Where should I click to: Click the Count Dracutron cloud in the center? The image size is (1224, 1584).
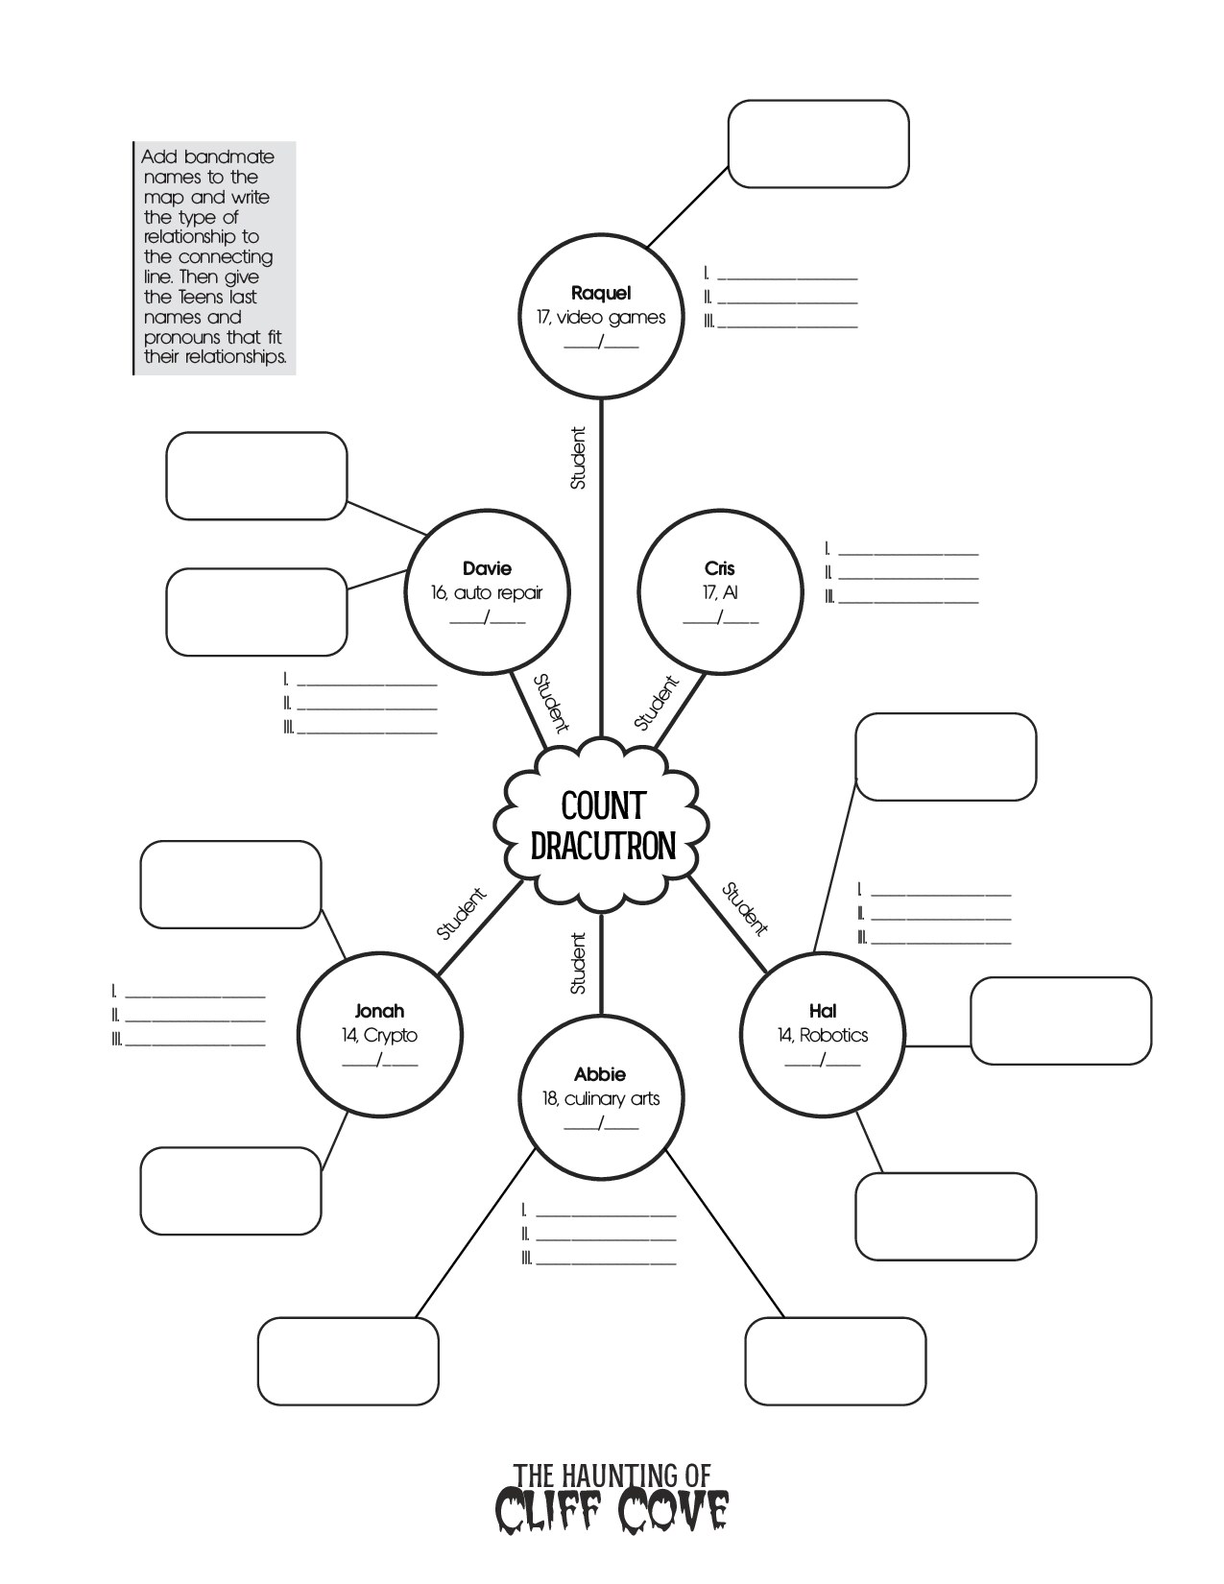tap(602, 826)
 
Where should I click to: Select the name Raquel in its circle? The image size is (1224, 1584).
tap(601, 294)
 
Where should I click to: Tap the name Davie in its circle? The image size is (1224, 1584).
tap(487, 568)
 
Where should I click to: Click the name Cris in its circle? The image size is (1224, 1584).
tap(719, 568)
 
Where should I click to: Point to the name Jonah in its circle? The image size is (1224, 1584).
tap(379, 1010)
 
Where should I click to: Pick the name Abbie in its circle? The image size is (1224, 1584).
tap(600, 1074)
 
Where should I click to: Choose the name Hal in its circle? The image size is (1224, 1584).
tap(823, 1010)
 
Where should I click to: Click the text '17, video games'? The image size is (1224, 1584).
tap(601, 318)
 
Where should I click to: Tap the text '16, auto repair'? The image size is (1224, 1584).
tap(487, 592)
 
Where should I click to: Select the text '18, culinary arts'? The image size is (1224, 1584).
tap(601, 1098)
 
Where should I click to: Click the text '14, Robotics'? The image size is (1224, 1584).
tap(823, 1035)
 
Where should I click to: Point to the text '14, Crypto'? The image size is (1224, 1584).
tap(379, 1035)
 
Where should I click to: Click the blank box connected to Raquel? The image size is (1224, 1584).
tap(818, 144)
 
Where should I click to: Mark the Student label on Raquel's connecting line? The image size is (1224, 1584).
tap(578, 458)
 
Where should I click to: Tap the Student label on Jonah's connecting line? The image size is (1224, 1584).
tap(462, 913)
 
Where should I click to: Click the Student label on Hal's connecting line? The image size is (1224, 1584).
tap(745, 908)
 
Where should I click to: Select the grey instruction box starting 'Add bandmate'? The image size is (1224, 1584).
tap(214, 257)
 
